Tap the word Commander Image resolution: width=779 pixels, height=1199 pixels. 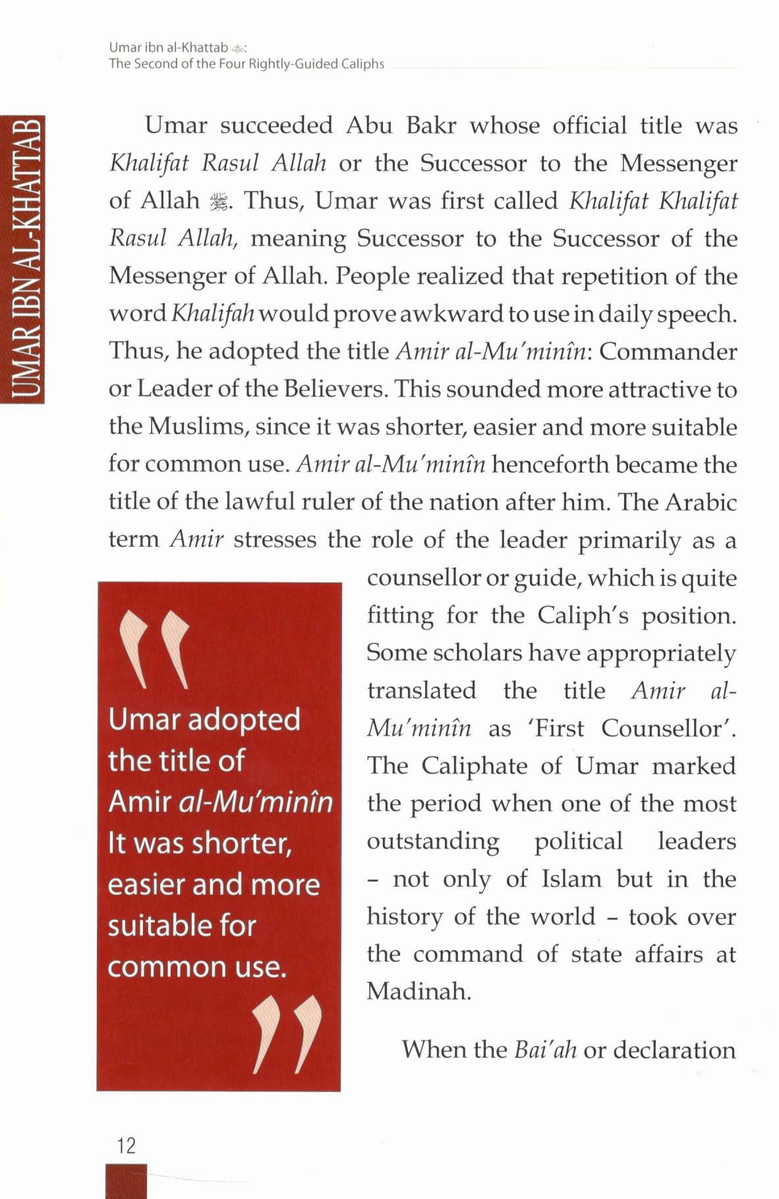pos(668,352)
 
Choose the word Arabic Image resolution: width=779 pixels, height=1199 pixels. pos(701,502)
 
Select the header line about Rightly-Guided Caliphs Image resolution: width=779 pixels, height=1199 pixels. pos(246,64)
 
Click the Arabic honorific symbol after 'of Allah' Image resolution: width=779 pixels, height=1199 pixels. pos(217,202)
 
